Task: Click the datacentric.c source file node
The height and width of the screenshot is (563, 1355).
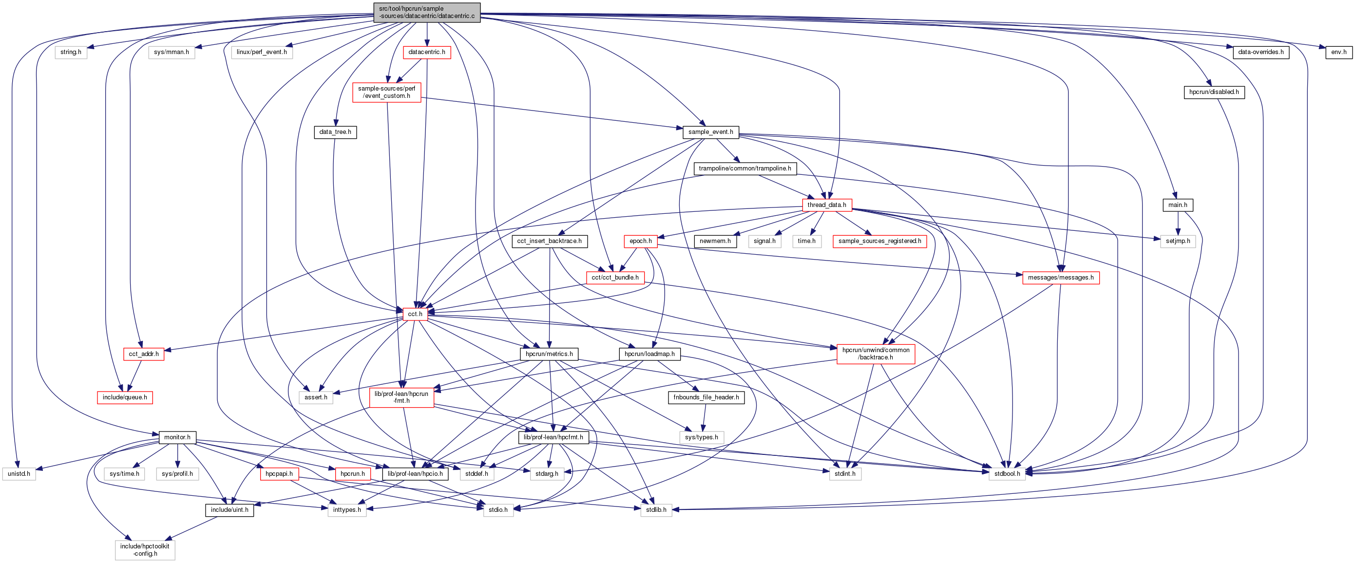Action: click(427, 12)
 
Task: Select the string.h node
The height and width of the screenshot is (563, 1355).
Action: click(71, 52)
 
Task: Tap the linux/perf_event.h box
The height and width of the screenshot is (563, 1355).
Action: click(262, 52)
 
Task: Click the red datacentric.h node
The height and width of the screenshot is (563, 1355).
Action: click(427, 52)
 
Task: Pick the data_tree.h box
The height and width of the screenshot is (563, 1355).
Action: click(335, 132)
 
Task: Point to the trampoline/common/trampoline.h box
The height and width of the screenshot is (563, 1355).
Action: click(744, 168)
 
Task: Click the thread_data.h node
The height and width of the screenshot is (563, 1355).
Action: click(826, 205)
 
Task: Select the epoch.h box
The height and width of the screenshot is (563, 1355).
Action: click(640, 241)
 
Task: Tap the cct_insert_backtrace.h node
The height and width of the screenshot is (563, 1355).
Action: click(549, 241)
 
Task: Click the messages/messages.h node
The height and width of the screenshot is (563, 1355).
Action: click(1060, 278)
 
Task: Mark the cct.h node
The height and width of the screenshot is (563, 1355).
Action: click(415, 314)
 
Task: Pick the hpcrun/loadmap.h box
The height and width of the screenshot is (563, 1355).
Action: click(649, 354)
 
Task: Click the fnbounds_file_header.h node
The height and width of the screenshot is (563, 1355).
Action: click(706, 397)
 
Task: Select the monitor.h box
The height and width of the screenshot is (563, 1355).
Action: click(177, 437)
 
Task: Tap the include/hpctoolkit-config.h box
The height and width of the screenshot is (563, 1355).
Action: click(145, 550)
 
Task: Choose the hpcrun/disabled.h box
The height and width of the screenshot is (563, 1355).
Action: click(1214, 92)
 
